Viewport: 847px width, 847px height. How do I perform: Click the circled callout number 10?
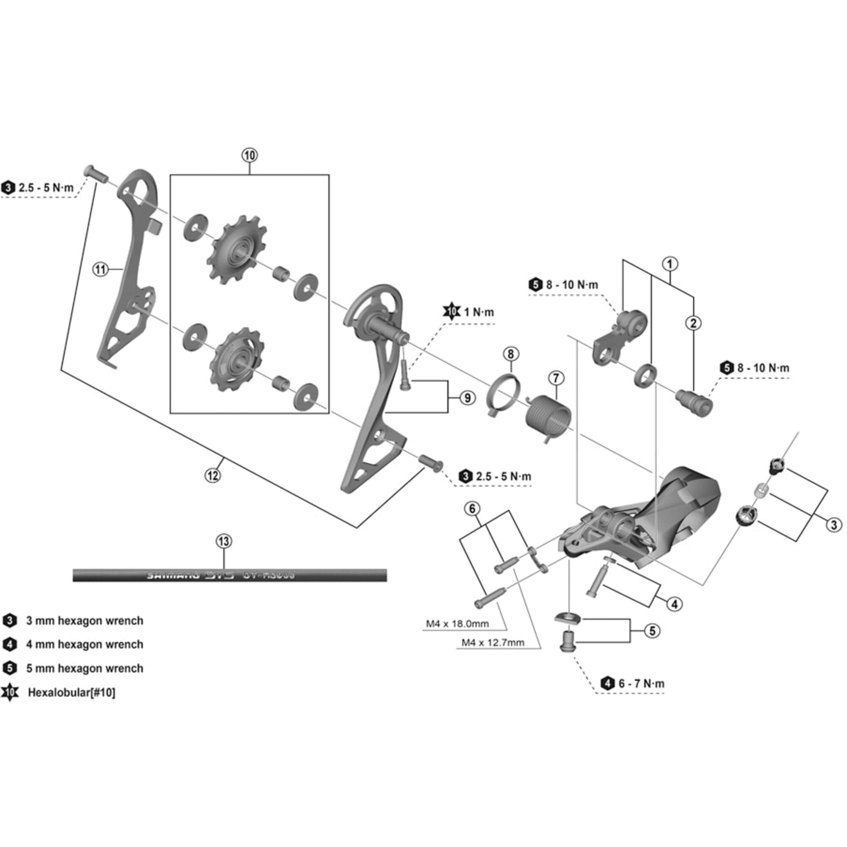249,155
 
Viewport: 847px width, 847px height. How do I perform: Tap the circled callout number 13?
224,541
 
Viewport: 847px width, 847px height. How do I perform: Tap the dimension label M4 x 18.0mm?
457,623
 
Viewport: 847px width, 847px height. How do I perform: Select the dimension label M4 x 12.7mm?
493,643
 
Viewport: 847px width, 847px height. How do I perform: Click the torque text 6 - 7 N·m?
641,684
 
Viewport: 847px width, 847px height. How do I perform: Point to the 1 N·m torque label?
478,312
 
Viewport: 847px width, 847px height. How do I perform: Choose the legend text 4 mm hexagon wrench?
84,645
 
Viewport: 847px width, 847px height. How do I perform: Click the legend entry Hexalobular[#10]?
71,693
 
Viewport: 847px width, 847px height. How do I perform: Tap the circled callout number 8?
511,353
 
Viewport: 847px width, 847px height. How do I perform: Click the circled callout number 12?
213,475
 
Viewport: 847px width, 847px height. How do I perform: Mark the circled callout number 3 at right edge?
833,525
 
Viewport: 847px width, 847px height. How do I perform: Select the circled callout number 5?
652,631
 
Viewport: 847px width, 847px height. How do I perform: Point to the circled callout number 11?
101,269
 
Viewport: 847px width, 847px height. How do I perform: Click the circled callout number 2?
693,324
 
